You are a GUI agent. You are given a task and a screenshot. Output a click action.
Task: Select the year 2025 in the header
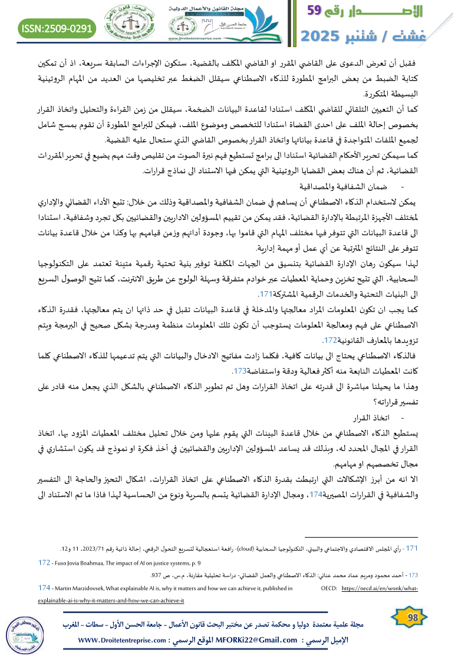tap(327, 37)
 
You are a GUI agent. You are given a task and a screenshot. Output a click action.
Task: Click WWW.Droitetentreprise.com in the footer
tap(130, 640)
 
